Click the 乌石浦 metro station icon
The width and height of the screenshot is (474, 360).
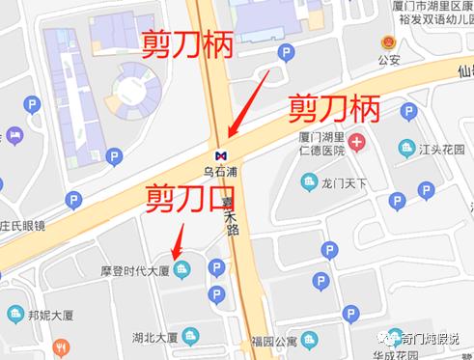point(221,153)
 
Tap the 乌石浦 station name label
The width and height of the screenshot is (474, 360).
point(220,172)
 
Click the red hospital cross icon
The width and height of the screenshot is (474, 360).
point(358,145)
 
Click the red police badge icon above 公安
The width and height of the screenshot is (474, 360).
point(389,43)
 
